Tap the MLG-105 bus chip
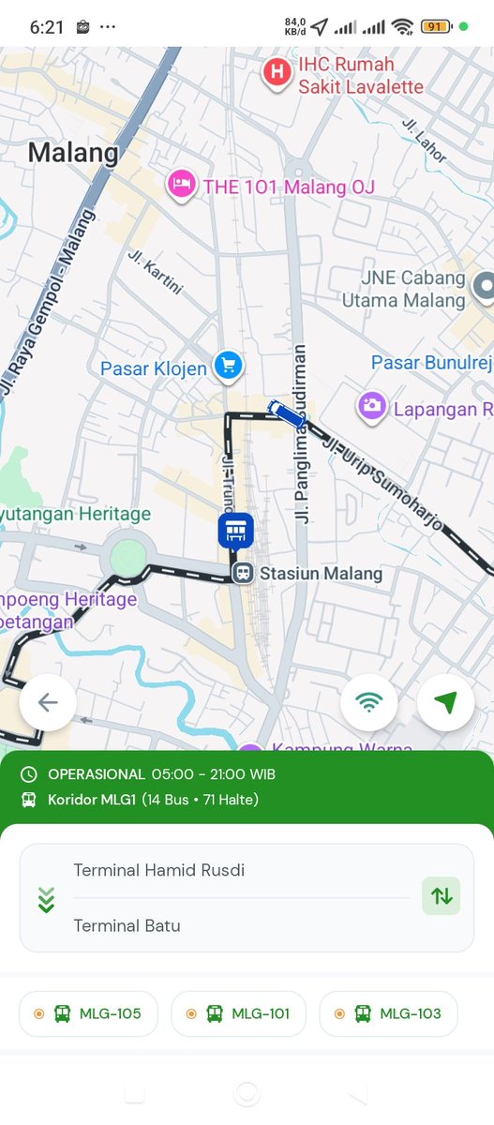[88, 1013]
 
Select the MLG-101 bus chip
[239, 1013]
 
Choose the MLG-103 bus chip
[388, 1013]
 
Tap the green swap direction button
[441, 896]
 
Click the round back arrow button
[48, 702]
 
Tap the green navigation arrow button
[445, 702]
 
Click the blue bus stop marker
[235, 531]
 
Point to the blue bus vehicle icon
[285, 413]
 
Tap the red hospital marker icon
[277, 72]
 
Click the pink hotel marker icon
[181, 185]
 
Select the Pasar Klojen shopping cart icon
[228, 367]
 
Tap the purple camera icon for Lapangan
[372, 406]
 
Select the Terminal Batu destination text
[127, 925]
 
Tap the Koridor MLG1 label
[93, 800]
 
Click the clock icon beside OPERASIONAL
[29, 774]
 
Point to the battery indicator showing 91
[434, 26]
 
